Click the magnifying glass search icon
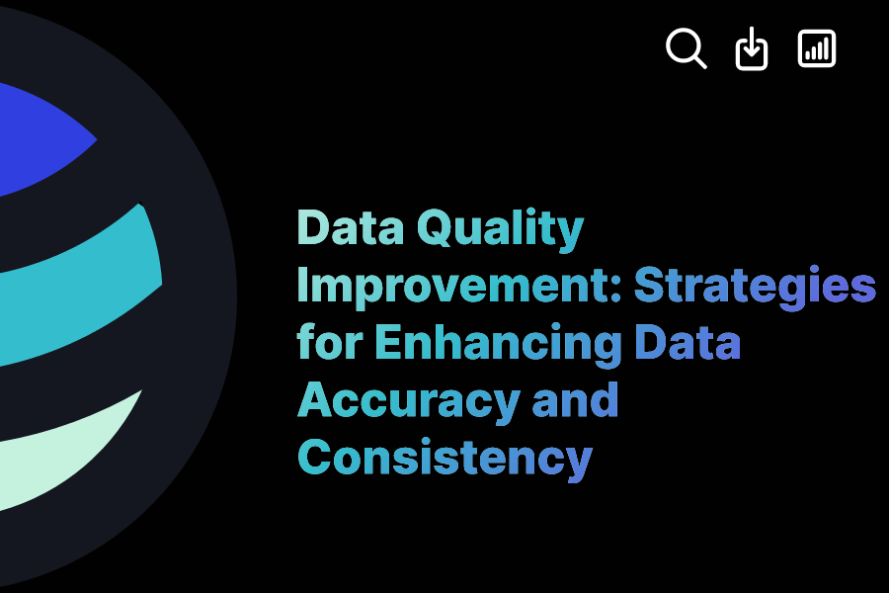pos(686,47)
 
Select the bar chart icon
pos(817,48)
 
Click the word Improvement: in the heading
pos(459,287)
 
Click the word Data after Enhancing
pos(687,344)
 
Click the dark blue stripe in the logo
pos(40,138)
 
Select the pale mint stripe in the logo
pos(69,435)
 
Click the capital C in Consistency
pos(316,458)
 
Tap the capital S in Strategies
pos(650,287)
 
